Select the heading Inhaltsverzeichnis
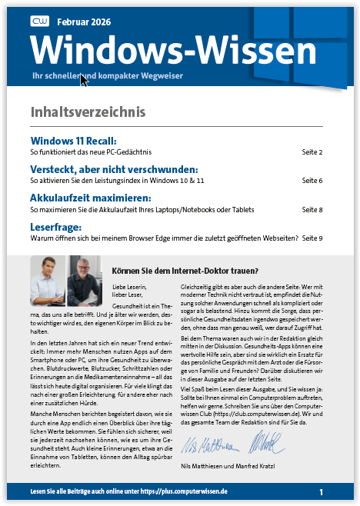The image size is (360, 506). click(88, 112)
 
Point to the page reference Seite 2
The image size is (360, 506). click(312, 153)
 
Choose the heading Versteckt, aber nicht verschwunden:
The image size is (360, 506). click(114, 169)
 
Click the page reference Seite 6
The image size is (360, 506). click(312, 181)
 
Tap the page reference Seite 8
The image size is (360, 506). click(312, 209)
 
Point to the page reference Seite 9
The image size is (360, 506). click(312, 238)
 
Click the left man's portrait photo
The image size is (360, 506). click(48, 271)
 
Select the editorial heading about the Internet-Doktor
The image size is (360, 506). click(185, 271)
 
